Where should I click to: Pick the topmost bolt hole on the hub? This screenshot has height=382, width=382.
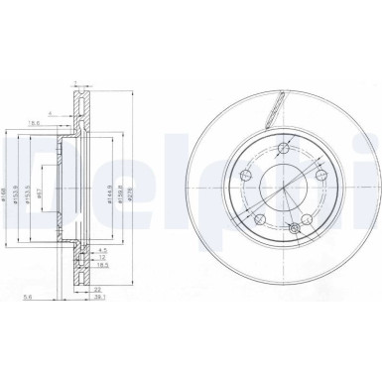[284, 148]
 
